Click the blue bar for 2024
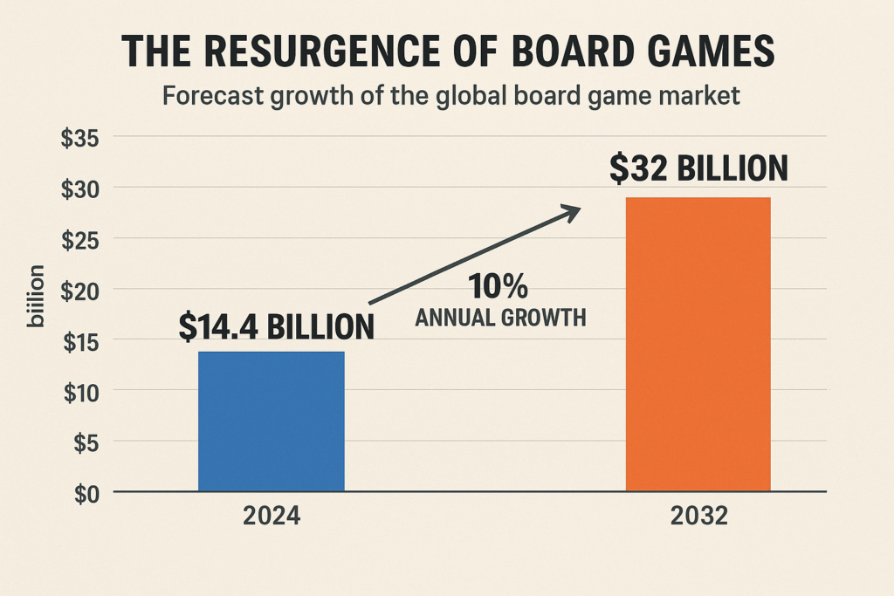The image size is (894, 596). [272, 421]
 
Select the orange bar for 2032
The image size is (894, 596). [698, 344]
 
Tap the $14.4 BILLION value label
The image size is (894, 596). [276, 326]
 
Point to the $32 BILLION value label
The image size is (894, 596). [698, 168]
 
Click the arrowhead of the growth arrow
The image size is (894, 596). [571, 210]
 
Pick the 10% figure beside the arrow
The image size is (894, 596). [499, 286]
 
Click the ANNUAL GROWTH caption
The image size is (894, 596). [500, 319]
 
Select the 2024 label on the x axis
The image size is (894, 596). [272, 517]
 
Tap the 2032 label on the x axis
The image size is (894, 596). [698, 517]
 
